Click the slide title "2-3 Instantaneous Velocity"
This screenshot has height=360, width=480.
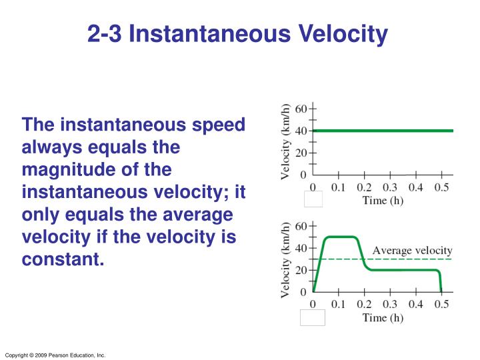coord(237,33)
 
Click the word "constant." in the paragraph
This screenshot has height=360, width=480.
coord(63,259)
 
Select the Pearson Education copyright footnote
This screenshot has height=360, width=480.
coord(55,355)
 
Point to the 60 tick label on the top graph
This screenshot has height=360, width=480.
coord(301,108)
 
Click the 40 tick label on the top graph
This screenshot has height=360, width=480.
coord(301,131)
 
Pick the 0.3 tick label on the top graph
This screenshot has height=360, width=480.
coord(390,187)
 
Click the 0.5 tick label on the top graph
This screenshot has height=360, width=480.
coord(441,187)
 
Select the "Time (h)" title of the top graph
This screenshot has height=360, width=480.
coord(383,201)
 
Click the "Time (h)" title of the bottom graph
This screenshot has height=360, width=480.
coord(383,318)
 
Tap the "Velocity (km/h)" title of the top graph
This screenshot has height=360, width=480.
coord(285,141)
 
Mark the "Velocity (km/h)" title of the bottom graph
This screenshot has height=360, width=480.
coord(285,259)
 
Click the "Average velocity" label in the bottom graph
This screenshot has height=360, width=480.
coord(412,251)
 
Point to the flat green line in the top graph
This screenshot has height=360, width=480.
coord(383,131)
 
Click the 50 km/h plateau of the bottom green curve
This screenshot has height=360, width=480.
coord(340,237)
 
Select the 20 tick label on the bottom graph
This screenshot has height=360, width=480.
coord(301,270)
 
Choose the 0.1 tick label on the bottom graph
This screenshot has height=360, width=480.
coord(338,305)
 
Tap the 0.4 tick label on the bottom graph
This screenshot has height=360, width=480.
coord(415,305)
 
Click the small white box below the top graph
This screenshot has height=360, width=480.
coord(313,199)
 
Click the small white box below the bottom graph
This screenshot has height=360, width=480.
coord(313,317)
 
